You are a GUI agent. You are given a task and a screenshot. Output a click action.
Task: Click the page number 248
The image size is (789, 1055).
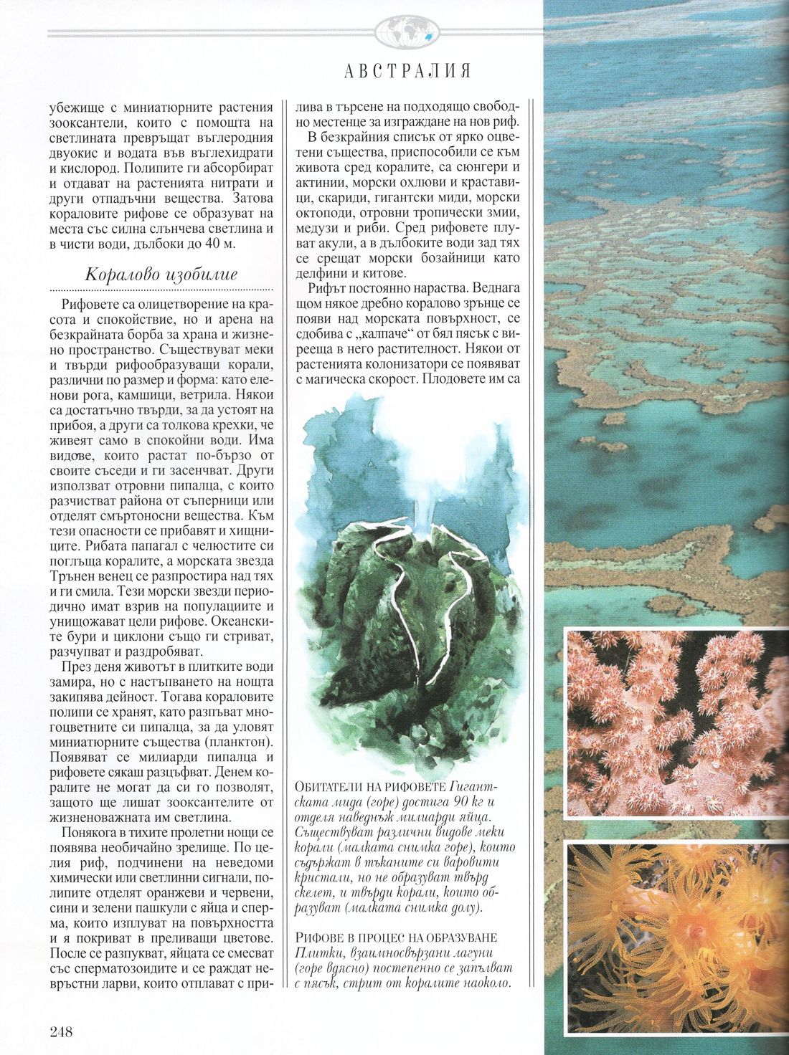[61, 1031]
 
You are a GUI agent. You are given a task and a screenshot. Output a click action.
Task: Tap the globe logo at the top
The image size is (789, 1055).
[405, 32]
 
